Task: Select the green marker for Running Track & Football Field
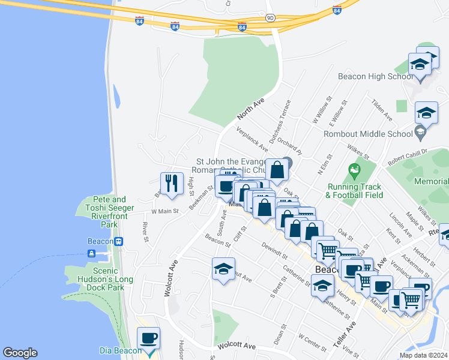354,171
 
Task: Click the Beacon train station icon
119,241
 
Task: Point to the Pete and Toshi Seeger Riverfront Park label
101,212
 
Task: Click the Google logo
20,353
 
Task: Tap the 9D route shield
270,19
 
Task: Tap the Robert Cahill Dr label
406,157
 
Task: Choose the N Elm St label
325,164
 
